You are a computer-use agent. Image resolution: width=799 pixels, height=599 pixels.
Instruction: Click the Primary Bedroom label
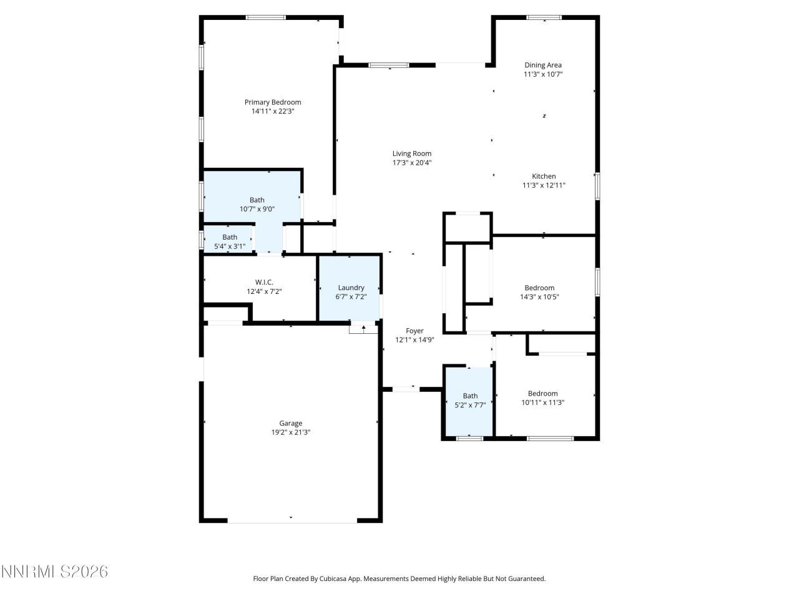272,102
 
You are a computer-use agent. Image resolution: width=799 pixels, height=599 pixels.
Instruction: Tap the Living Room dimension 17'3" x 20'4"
411,163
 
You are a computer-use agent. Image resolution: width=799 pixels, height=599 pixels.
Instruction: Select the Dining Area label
542,65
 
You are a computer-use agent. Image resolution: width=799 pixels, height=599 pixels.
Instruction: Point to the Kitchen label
544,177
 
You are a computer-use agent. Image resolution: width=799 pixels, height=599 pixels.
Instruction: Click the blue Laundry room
350,288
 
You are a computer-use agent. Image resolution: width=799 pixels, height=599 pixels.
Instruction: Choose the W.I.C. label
264,283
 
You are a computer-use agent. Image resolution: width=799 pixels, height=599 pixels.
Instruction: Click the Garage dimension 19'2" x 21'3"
290,432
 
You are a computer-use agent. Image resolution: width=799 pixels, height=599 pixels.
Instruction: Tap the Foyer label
414,331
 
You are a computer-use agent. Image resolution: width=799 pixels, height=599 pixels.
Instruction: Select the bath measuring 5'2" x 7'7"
469,401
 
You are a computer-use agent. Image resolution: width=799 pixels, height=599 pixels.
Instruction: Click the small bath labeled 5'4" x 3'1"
229,241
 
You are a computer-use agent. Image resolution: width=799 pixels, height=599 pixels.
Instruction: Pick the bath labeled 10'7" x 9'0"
257,205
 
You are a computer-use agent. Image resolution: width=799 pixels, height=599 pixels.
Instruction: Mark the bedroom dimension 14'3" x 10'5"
539,297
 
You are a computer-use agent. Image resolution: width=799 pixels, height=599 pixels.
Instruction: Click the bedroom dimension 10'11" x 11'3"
542,402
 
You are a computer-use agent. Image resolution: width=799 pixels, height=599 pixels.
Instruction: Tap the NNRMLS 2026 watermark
55,572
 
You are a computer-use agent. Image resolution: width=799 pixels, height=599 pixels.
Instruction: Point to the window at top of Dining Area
544,17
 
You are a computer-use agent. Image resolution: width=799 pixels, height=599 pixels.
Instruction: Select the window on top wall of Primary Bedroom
266,17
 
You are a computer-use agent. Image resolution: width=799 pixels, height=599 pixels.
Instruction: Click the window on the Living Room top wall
389,65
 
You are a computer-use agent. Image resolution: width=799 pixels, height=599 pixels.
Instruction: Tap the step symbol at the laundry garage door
363,328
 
